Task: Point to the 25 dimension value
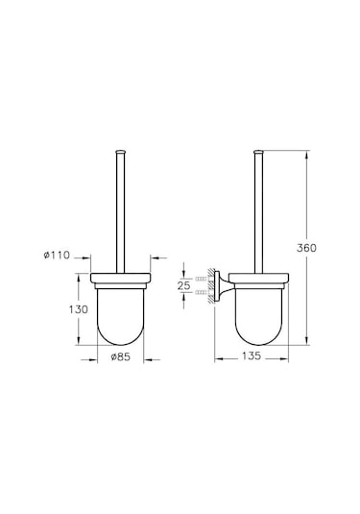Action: pos(185,286)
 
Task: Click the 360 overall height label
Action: pos(307,248)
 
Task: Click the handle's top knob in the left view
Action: pos(121,152)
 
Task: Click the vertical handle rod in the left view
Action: pos(121,211)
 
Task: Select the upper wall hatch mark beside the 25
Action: pos(203,277)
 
